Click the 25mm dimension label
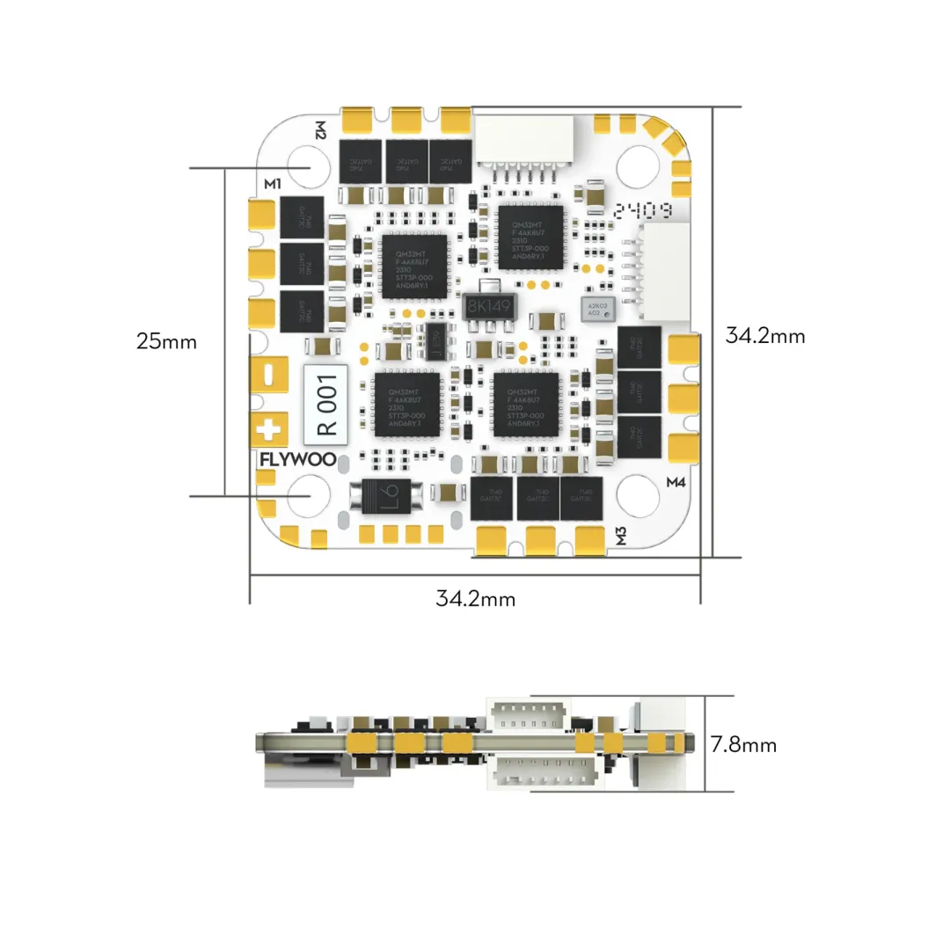pyautogui.click(x=166, y=341)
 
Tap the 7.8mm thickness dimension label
pyautogui.click(x=743, y=745)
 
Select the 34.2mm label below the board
pyautogui.click(x=475, y=599)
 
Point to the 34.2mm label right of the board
pyautogui.click(x=764, y=335)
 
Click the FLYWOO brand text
pyautogui.click(x=291, y=459)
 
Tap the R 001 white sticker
pyautogui.click(x=326, y=404)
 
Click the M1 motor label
pyautogui.click(x=272, y=184)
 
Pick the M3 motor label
pyautogui.click(x=621, y=535)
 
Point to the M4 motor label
pyautogui.click(x=677, y=482)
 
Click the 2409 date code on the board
pyautogui.click(x=645, y=211)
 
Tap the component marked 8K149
pyautogui.click(x=489, y=307)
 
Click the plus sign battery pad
pyautogui.click(x=270, y=430)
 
